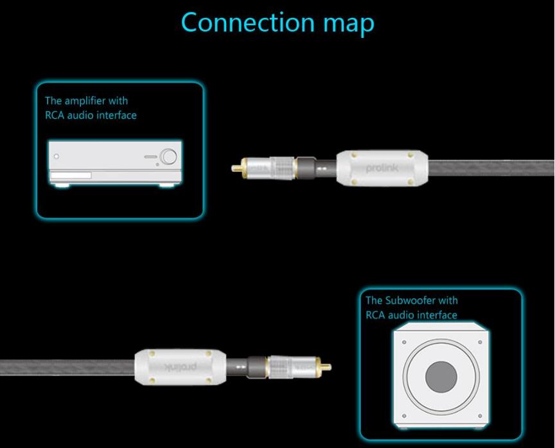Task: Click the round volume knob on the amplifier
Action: [x=168, y=156]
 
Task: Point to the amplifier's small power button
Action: [x=57, y=156]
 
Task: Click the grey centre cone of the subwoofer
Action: [x=441, y=375]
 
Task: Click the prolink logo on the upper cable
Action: [x=382, y=168]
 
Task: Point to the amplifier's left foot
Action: [x=61, y=185]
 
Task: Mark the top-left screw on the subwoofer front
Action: [x=404, y=342]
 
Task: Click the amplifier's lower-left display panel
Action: [x=71, y=176]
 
